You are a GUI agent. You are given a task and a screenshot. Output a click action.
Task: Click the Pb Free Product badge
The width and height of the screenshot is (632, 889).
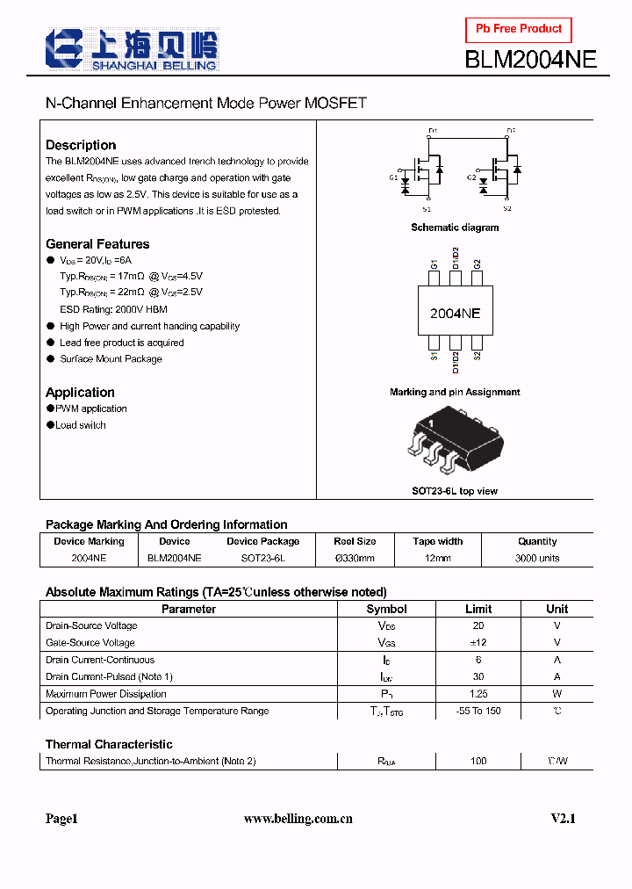tap(519, 30)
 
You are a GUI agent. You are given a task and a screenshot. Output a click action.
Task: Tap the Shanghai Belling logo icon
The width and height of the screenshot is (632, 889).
tap(64, 49)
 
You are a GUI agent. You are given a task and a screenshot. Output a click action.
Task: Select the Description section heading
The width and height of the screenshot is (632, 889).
tap(81, 145)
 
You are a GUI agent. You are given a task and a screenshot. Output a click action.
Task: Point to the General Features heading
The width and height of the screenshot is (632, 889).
tap(97, 244)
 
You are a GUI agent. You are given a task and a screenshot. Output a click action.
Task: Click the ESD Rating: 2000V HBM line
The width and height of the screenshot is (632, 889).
tap(113, 309)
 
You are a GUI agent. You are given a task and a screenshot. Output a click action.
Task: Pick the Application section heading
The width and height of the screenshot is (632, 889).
tap(80, 393)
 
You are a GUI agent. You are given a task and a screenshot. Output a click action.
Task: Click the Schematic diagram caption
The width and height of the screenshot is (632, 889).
tap(455, 228)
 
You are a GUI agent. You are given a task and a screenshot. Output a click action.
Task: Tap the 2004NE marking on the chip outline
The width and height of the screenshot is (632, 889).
tap(455, 314)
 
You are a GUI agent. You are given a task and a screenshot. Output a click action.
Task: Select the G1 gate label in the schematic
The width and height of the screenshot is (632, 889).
tap(393, 178)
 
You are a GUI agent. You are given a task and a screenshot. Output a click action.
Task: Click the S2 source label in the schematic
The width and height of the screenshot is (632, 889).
tap(507, 209)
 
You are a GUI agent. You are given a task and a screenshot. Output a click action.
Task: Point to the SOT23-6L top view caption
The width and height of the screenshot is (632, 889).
tap(455, 491)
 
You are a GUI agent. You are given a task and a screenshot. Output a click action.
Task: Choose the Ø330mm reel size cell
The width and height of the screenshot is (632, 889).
tap(355, 558)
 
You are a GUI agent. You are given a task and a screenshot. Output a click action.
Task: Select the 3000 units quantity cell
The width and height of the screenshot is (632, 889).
tap(537, 558)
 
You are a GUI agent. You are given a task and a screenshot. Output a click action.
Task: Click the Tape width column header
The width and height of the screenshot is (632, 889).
tap(437, 541)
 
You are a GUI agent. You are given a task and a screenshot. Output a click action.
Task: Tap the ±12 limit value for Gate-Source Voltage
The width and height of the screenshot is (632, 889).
tap(478, 643)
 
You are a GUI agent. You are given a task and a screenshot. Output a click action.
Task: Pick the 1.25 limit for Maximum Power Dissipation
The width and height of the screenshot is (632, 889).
tap(478, 694)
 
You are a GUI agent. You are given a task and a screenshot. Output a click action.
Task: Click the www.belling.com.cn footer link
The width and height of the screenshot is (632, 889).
tap(298, 819)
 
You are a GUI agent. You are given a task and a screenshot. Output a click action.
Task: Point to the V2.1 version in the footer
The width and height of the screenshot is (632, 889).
tap(563, 819)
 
